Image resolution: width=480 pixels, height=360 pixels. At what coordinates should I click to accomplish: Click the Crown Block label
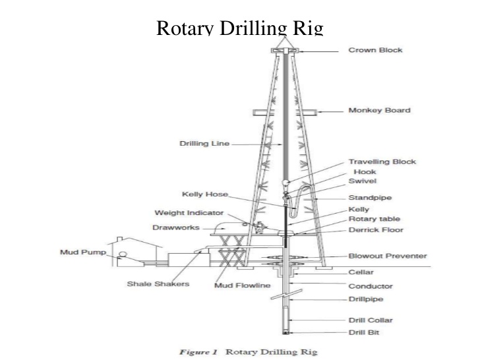(375, 50)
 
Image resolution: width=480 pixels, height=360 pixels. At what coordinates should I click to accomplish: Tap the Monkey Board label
(379, 110)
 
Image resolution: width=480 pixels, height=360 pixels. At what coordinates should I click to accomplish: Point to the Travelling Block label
(382, 162)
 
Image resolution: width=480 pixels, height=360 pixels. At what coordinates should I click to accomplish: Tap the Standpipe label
(369, 197)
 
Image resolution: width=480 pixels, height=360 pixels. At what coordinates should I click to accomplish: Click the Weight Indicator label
(189, 213)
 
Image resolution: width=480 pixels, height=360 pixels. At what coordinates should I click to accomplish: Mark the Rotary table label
(374, 219)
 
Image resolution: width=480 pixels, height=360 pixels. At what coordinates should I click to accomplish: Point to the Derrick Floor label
(375, 230)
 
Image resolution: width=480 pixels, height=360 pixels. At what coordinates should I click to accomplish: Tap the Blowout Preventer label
(387, 256)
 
